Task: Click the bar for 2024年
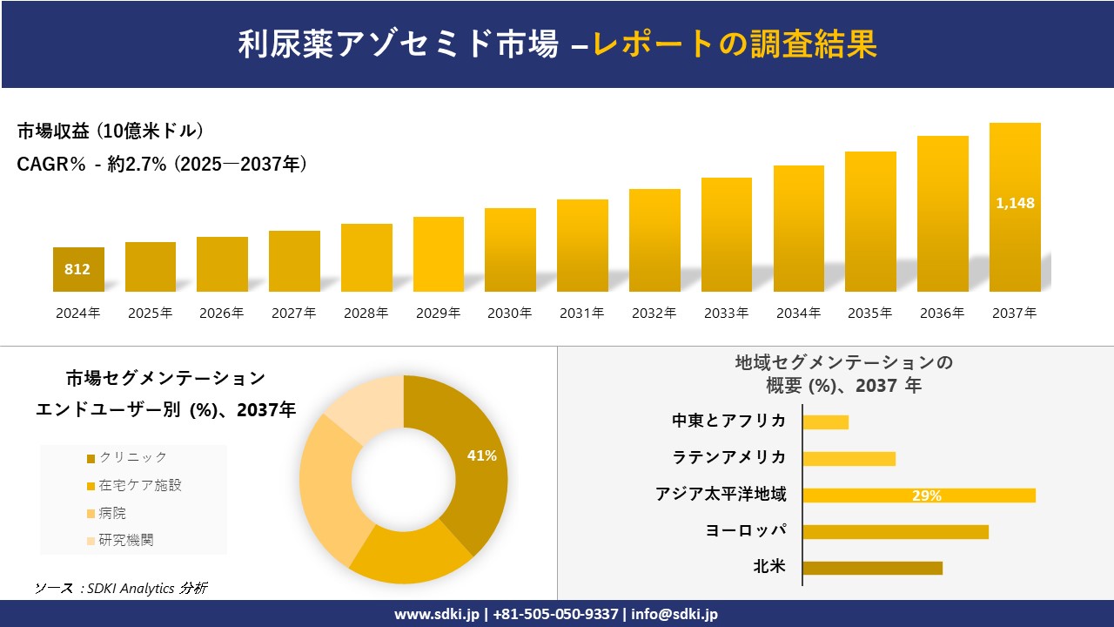tap(78, 269)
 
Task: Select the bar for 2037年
tap(1015, 207)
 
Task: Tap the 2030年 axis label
tap(509, 313)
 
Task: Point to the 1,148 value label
tap(1015, 203)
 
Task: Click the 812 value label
tap(77, 269)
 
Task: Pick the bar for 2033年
tap(727, 235)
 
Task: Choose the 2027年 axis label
tap(293, 313)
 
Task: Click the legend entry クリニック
tap(132, 457)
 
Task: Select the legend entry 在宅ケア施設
tap(140, 485)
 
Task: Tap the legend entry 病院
tap(113, 513)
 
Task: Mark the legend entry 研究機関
tap(126, 540)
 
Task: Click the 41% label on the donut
tap(481, 455)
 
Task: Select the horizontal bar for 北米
tap(872, 568)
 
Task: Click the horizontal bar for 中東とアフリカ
tap(825, 422)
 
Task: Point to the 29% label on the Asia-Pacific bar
tap(926, 496)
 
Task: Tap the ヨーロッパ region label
tap(746, 530)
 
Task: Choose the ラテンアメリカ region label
tap(729, 457)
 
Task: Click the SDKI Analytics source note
tap(121, 588)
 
